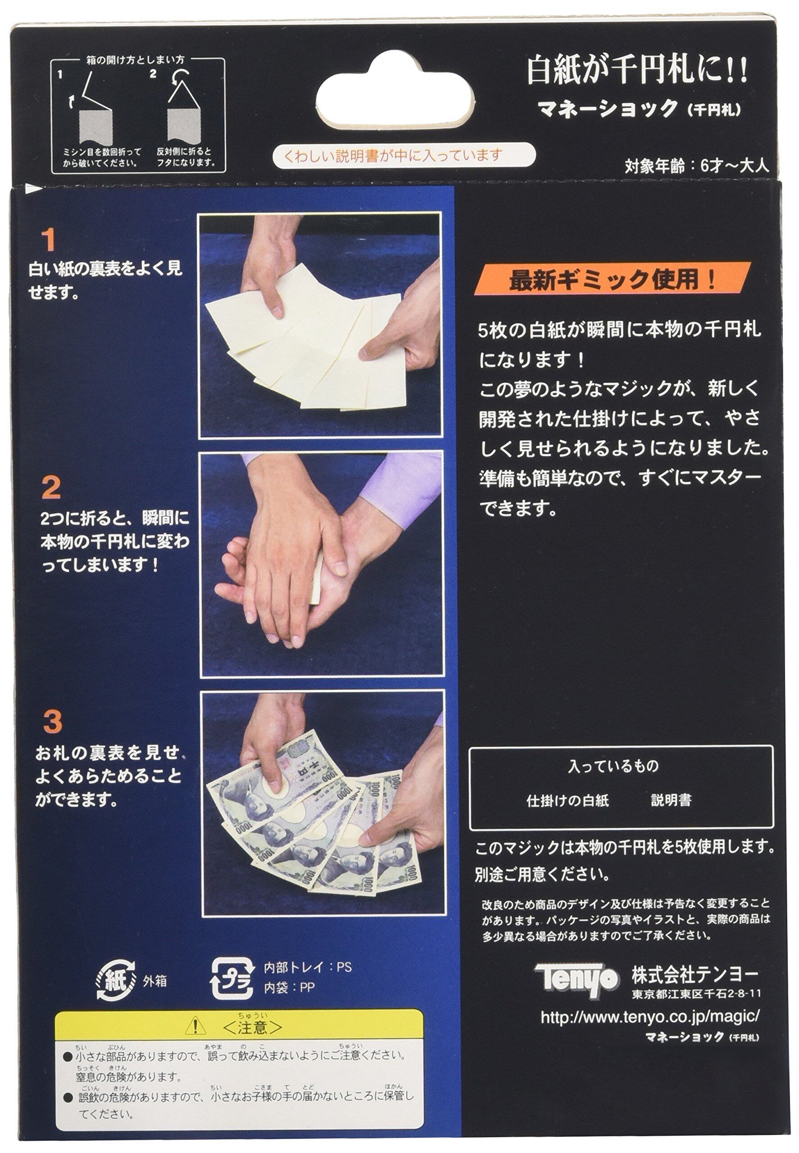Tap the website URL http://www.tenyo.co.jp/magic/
(x=650, y=1017)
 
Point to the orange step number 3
(x=53, y=722)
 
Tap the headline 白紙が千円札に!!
(x=637, y=70)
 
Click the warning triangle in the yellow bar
(x=195, y=1027)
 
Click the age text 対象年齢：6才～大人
(x=696, y=166)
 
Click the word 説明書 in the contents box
(x=671, y=800)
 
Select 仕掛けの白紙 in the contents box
(x=567, y=800)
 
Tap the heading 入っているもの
(x=613, y=766)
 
